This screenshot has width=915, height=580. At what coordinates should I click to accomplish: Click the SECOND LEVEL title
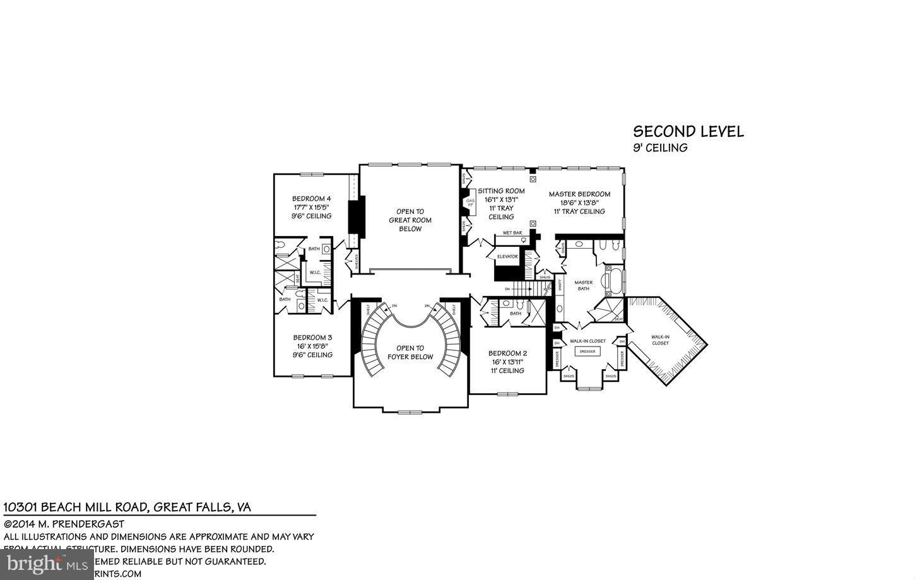tap(688, 132)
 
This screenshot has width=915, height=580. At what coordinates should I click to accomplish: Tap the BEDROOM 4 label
tap(311, 198)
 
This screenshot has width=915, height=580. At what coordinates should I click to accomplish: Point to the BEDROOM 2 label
tap(507, 353)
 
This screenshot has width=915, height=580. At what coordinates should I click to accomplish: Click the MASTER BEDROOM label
tap(579, 194)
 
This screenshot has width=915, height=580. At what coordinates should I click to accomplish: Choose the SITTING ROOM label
tap(501, 191)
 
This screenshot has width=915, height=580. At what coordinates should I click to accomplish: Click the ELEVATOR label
tap(507, 257)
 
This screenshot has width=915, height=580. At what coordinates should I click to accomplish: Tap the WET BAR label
tap(512, 233)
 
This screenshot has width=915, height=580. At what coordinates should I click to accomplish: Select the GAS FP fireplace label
tap(469, 203)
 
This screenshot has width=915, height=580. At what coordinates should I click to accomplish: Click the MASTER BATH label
tap(583, 286)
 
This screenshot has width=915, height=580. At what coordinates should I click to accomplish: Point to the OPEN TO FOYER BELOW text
tap(410, 352)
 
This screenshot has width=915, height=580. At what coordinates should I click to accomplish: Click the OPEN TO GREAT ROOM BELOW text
tap(410, 220)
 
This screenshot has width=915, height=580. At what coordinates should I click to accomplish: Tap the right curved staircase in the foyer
tap(449, 341)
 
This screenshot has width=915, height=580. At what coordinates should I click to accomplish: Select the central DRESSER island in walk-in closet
tap(587, 352)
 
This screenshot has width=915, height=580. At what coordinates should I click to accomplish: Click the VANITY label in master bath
tap(560, 285)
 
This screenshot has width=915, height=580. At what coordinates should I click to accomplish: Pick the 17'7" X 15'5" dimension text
tap(311, 207)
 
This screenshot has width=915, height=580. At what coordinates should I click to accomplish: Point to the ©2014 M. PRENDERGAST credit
tap(64, 524)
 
